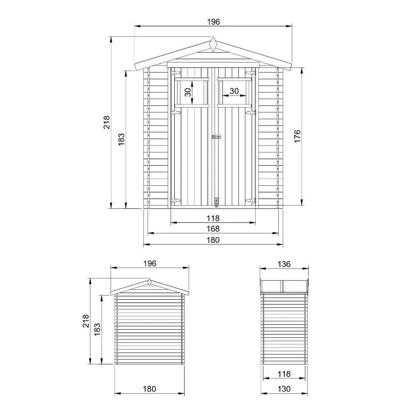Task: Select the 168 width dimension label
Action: [x=213, y=229]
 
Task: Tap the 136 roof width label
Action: [x=284, y=264]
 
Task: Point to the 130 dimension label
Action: [x=284, y=389]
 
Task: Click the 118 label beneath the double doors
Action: [x=213, y=218]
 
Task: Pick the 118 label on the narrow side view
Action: [x=284, y=374]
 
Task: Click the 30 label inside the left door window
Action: [x=188, y=92]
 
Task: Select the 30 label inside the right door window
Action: [x=234, y=91]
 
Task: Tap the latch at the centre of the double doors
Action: [x=217, y=137]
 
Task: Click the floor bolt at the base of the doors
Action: [x=217, y=201]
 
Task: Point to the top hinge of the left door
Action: [x=175, y=74]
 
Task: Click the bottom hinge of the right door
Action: [x=250, y=200]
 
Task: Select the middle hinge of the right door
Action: [x=250, y=113]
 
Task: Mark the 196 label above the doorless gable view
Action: [x=149, y=263]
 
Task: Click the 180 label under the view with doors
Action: [x=213, y=240]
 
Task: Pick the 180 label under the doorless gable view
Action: [x=149, y=389]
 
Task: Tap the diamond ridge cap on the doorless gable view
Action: [x=149, y=282]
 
